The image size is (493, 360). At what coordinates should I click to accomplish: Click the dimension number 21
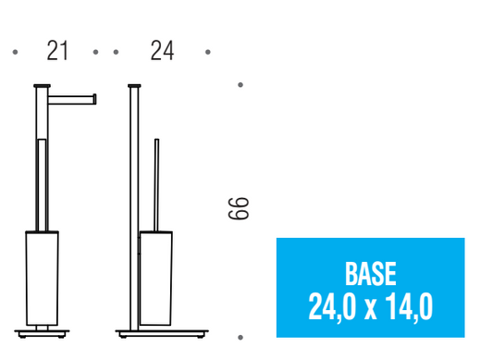tap(57, 51)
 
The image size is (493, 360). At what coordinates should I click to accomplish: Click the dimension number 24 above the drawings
tap(162, 51)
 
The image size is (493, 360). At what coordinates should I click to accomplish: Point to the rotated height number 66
tap(238, 208)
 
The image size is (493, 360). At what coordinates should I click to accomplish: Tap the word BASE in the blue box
tap(370, 274)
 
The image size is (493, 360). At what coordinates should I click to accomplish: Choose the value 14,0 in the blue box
tap(409, 307)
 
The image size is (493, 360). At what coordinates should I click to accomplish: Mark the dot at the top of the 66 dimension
tap(240, 84)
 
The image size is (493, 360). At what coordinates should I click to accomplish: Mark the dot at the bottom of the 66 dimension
tap(240, 338)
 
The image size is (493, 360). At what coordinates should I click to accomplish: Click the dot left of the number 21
tap(15, 52)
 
